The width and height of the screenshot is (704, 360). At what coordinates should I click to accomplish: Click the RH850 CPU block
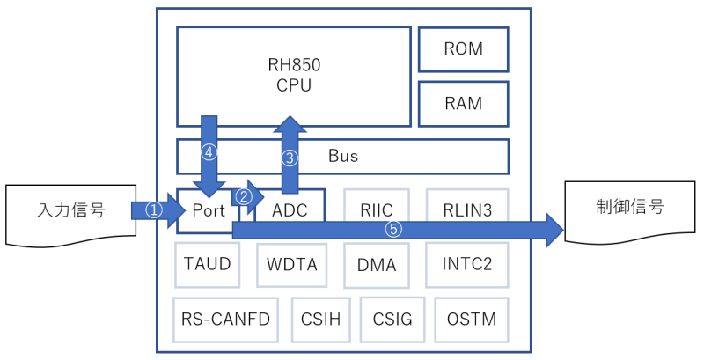pos(294,76)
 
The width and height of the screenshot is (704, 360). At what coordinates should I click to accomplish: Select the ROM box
pos(464,49)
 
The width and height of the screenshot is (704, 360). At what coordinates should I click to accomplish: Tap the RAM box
pos(464,103)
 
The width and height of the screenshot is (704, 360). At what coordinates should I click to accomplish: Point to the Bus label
pos(343,156)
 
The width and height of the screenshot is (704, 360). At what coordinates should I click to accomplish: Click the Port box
pos(209,211)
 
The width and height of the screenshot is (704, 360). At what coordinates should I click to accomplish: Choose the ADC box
pos(290,211)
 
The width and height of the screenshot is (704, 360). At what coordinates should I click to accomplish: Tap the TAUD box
pos(208,263)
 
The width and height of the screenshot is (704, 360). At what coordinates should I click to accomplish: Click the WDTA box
pos(292,263)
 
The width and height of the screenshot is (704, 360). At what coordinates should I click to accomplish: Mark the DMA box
pos(377,264)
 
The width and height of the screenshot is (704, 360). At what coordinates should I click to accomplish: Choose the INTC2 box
pos(467,263)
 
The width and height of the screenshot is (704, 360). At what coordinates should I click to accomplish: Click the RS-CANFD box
pos(225,318)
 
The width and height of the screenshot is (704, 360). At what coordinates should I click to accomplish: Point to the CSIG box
pos(392,318)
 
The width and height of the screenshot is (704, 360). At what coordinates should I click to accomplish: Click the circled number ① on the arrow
pos(154,211)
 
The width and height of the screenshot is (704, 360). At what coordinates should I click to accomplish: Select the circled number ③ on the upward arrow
pos(290,158)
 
